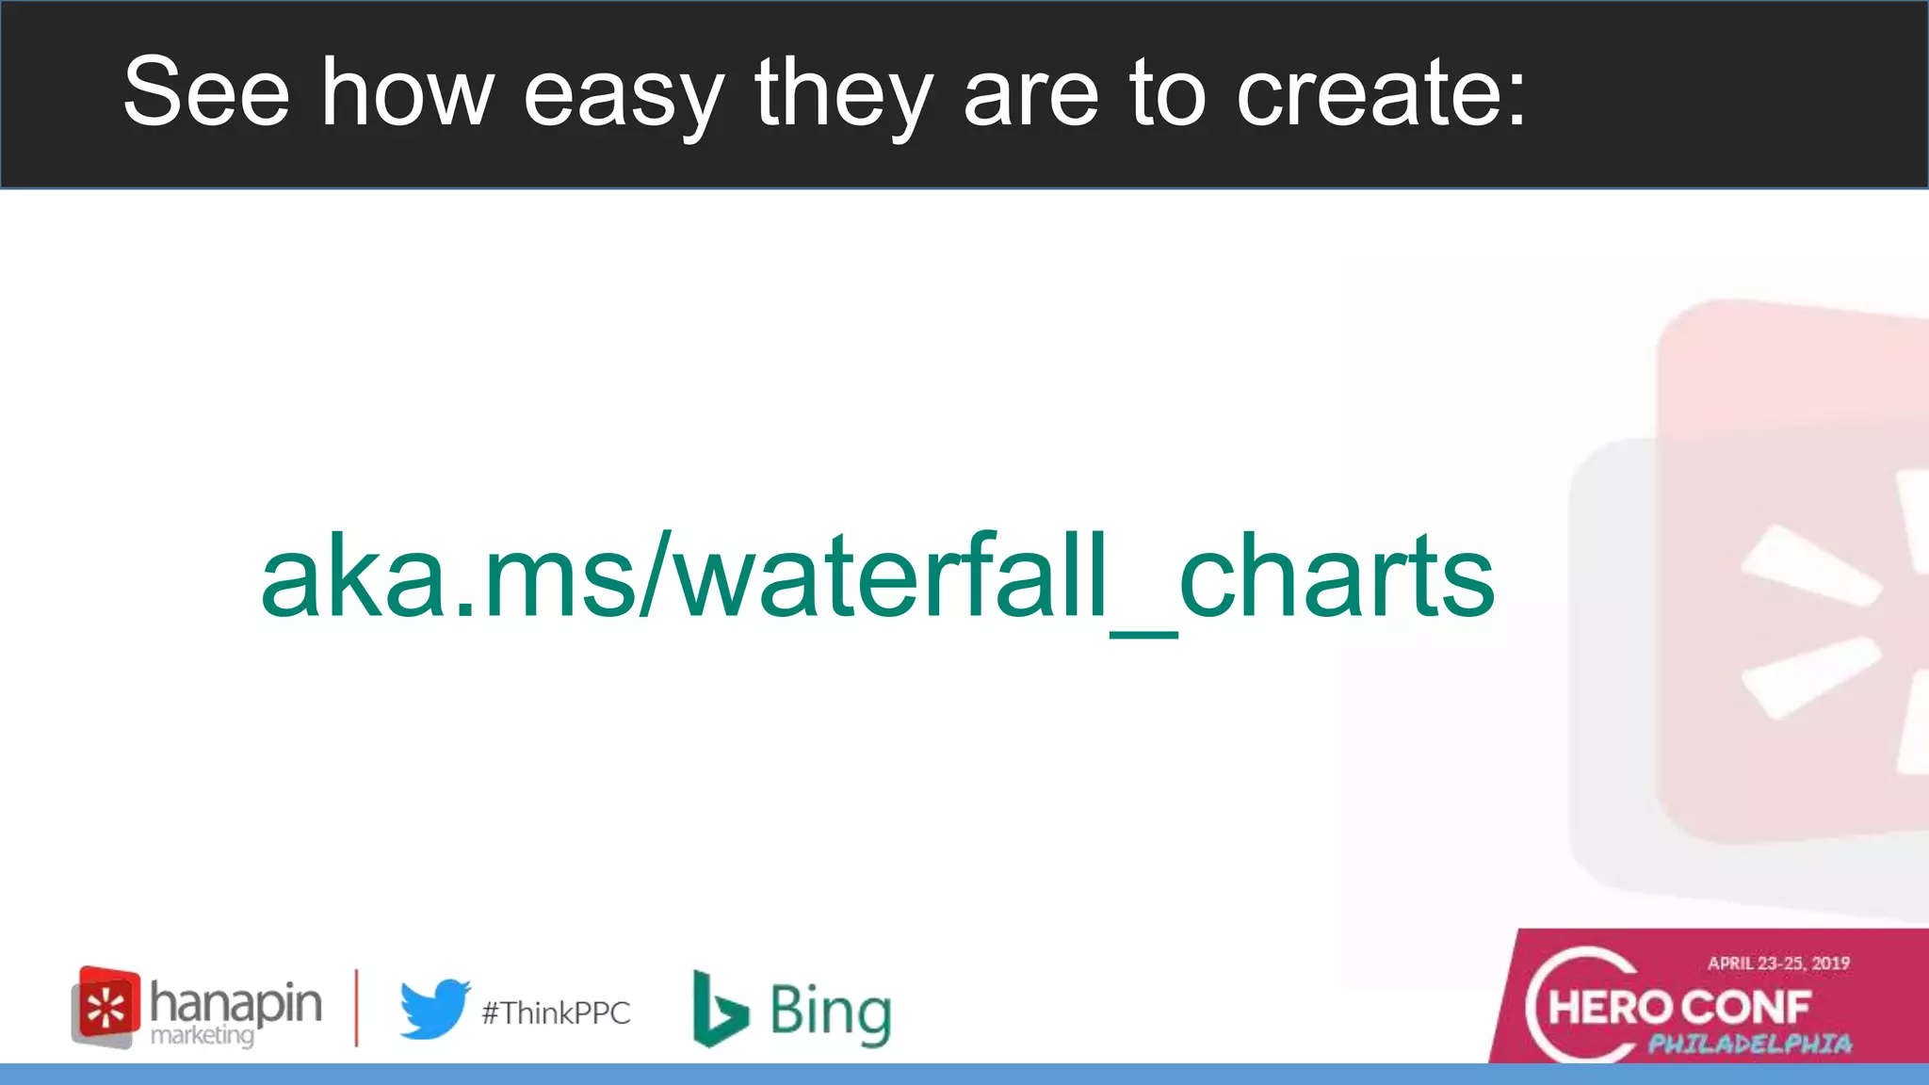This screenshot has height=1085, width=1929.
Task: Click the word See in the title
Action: point(206,91)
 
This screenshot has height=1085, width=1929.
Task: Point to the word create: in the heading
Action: point(1380,91)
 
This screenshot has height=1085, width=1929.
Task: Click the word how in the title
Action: point(407,91)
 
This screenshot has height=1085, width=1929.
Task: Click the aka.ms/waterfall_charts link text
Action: point(877,576)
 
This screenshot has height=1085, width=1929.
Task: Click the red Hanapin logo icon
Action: point(105,1006)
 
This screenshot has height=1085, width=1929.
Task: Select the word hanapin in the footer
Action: point(235,1002)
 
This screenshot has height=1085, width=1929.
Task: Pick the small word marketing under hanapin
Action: point(202,1035)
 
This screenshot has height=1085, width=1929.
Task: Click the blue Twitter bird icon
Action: point(434,1009)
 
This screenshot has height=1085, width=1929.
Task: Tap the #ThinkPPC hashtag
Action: point(556,1012)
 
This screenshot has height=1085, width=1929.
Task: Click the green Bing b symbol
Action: point(719,1009)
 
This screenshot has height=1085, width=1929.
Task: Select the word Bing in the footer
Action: point(830,1012)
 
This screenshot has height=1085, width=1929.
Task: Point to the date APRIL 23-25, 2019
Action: point(1778,963)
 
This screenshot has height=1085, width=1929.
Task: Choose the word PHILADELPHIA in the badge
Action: point(1749,1044)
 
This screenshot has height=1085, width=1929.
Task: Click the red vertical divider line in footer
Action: point(356,1007)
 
